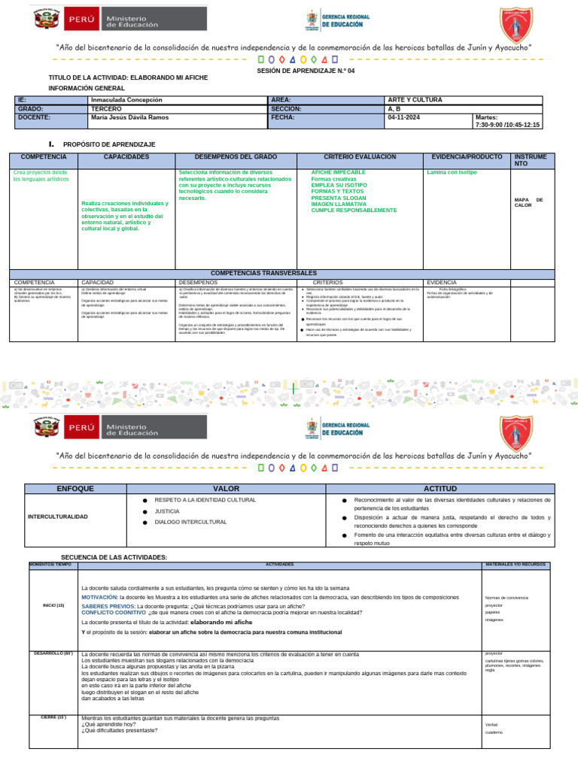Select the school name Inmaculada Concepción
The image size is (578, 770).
tap(126, 99)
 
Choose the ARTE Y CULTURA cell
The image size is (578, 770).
tap(415, 99)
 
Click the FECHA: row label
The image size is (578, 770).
tap(283, 117)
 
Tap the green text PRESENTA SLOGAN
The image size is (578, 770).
tap(341, 197)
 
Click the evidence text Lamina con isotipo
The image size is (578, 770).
tap(452, 172)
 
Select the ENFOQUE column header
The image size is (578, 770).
tap(75, 489)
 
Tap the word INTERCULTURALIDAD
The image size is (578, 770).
tap(58, 517)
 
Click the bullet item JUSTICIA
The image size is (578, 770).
tap(167, 511)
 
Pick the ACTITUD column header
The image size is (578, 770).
tap(440, 489)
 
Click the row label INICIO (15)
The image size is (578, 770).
tap(53, 605)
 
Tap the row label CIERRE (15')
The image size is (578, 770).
tap(53, 717)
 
